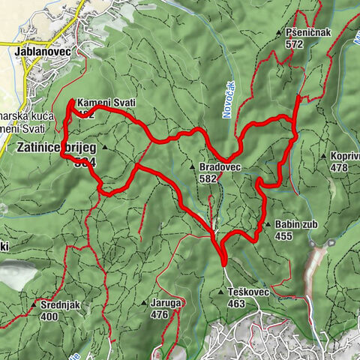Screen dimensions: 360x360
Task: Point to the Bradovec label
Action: [219, 167]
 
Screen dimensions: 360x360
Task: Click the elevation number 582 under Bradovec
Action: [208, 179]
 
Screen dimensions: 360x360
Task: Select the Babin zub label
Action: [294, 224]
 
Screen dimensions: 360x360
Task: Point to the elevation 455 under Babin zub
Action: [283, 235]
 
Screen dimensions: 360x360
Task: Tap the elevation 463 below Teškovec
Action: [237, 303]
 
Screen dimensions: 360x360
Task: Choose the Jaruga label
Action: [166, 303]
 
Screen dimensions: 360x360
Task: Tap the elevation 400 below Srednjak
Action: [49, 316]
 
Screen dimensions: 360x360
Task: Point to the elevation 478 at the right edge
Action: [338, 168]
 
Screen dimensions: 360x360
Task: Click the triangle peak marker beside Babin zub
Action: [267, 224]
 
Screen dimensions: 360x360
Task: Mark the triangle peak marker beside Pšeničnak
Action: [278, 33]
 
